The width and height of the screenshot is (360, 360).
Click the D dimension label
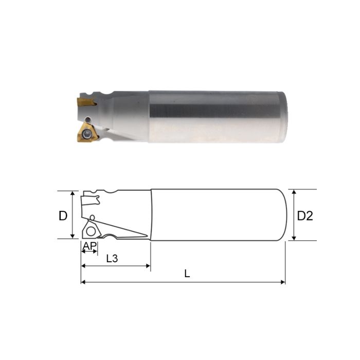click(63, 216)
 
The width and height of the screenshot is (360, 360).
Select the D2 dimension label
click(305, 216)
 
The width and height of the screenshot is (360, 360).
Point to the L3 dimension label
click(112, 259)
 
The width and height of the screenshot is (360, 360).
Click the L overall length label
click(187, 274)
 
